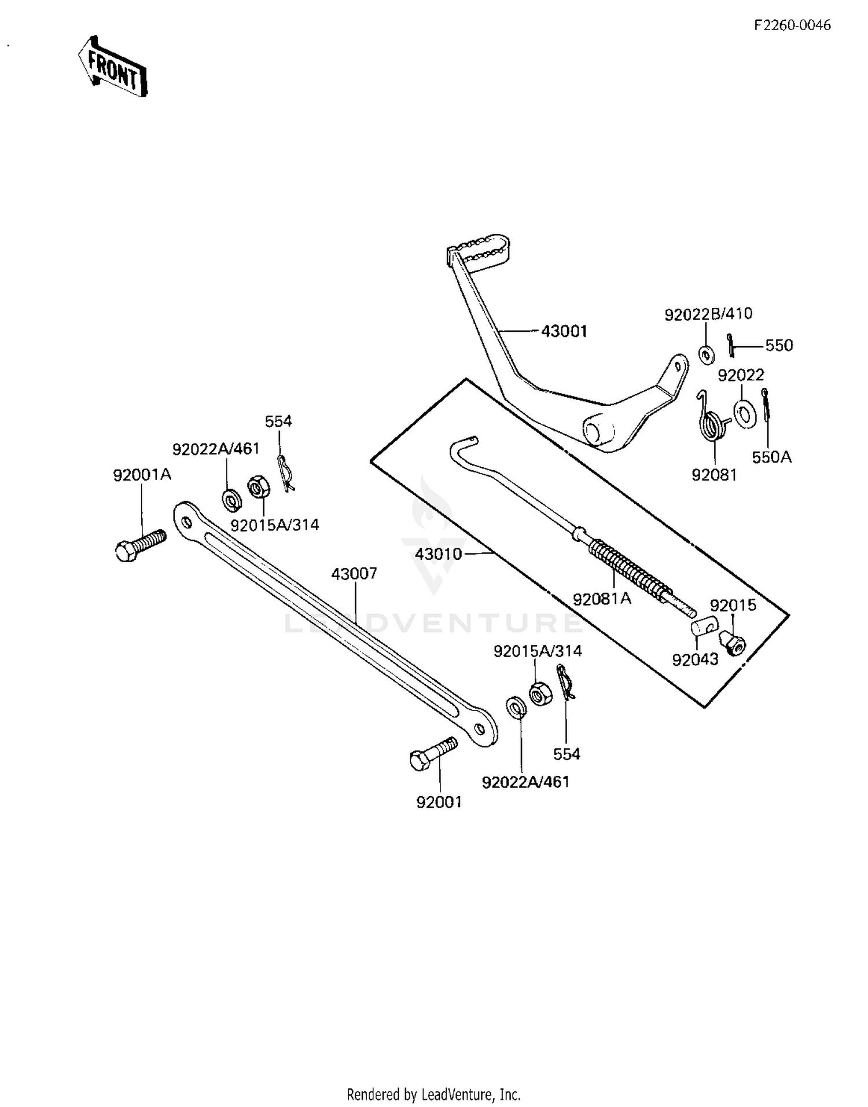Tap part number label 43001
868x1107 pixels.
(x=564, y=332)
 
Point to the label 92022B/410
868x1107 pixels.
(x=708, y=314)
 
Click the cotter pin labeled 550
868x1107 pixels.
(x=731, y=345)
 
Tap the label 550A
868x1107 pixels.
(x=771, y=457)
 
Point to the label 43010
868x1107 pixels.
(x=439, y=554)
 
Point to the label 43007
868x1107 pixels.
(x=354, y=574)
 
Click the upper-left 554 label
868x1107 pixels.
(x=278, y=421)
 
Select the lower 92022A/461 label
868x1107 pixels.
(x=525, y=782)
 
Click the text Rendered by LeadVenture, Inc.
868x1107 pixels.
(x=433, y=1094)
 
